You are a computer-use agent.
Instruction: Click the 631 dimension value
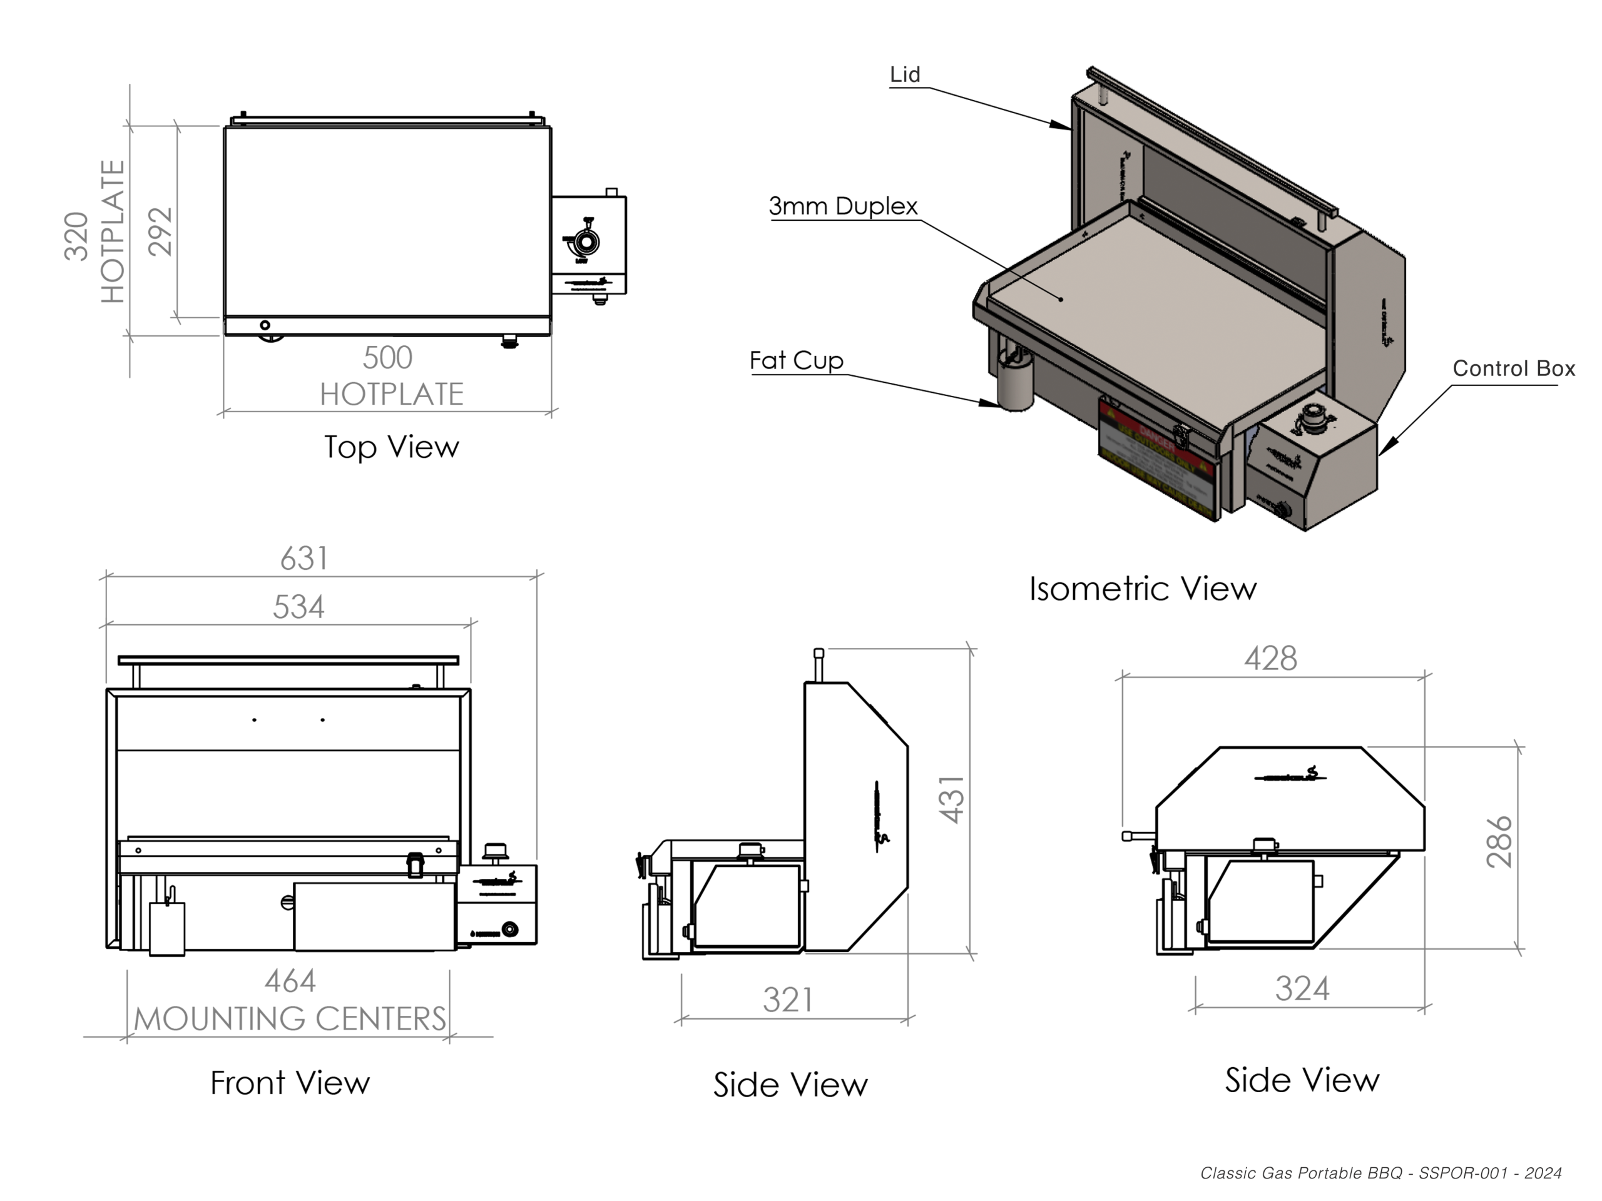point(304,559)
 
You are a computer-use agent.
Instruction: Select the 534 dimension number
point(298,607)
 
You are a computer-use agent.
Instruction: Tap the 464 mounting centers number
point(290,981)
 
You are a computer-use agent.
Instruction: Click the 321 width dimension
point(788,1000)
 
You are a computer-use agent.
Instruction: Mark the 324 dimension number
point(1302,989)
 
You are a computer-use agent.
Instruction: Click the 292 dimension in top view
point(161,231)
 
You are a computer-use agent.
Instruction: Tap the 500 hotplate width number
point(387,358)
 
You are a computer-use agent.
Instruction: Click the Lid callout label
point(904,74)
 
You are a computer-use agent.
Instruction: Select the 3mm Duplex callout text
point(843,206)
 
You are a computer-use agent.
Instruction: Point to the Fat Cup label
point(796,360)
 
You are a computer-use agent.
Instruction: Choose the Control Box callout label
point(1514,368)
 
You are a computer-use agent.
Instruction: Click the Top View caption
point(391,447)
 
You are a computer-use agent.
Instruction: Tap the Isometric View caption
point(1143,589)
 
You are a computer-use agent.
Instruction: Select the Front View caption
point(290,1083)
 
